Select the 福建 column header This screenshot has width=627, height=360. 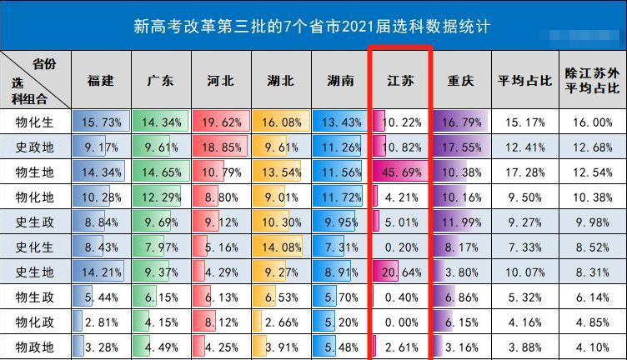tap(101, 81)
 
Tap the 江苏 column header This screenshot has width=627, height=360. tap(400, 81)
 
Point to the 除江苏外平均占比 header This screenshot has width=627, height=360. tap(592, 81)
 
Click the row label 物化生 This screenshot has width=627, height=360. tap(35, 122)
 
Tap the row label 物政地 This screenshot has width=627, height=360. tap(35, 347)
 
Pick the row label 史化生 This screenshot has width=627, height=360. tap(35, 247)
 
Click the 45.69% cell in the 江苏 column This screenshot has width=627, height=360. tap(401, 172)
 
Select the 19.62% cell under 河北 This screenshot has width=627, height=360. tap(221, 122)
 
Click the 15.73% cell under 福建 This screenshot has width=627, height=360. tap(101, 122)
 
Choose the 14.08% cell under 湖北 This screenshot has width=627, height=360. tap(281, 247)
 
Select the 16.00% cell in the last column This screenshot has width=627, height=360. tap(592, 122)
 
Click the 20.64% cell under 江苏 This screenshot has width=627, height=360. tap(401, 272)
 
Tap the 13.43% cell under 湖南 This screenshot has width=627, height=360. tap(341, 122)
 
